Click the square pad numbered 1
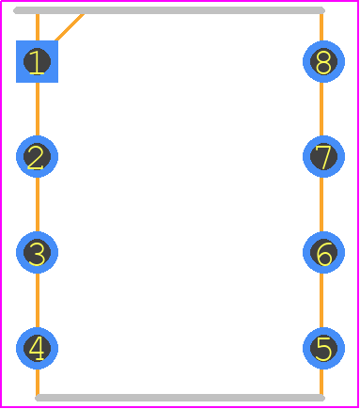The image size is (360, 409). (37, 61)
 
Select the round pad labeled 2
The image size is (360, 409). (37, 156)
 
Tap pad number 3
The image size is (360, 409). (37, 252)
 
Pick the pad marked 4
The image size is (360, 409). (37, 348)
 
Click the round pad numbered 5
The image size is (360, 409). (323, 348)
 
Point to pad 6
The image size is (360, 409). (323, 252)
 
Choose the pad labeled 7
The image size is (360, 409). (323, 156)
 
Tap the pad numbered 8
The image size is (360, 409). (323, 61)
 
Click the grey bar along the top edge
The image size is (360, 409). (169, 10)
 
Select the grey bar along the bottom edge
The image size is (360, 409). (180, 398)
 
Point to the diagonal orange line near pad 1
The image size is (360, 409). (70, 27)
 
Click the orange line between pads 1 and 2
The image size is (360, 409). (38, 109)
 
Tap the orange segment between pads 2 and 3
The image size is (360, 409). (38, 205)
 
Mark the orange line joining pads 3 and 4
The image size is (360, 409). (38, 301)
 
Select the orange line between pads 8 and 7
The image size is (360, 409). (321, 109)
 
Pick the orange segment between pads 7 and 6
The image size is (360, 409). (321, 205)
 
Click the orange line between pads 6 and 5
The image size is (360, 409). (321, 301)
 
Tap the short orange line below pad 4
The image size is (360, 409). (38, 382)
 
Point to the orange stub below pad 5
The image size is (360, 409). (321, 382)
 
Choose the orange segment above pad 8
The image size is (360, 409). (321, 27)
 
